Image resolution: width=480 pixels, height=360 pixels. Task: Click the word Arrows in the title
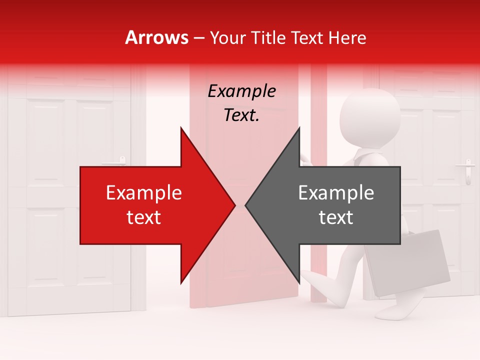pyautogui.click(x=157, y=37)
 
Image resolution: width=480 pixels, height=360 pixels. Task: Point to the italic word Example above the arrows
pyautogui.click(x=241, y=91)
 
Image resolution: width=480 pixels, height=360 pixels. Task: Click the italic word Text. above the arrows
pyautogui.click(x=241, y=115)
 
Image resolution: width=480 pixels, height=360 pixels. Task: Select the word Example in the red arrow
pyautogui.click(x=144, y=193)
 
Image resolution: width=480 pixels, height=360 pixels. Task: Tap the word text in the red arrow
pyautogui.click(x=144, y=217)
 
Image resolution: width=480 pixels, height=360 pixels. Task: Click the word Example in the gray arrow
pyautogui.click(x=336, y=193)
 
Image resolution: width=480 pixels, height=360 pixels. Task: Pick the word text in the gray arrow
pyautogui.click(x=336, y=217)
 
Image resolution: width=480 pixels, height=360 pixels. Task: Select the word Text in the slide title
pyautogui.click(x=306, y=37)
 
